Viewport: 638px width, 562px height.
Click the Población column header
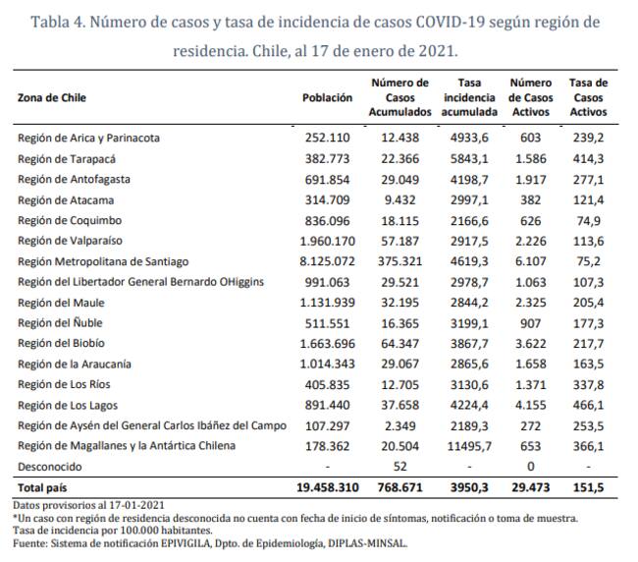pyautogui.click(x=327, y=98)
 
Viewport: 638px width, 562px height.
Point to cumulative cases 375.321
pyautogui.click(x=400, y=261)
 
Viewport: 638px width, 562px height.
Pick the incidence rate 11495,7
pyautogui.click(x=466, y=445)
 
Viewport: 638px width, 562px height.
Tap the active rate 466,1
pyautogui.click(x=587, y=405)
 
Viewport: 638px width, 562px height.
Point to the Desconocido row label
pyautogui.click(x=50, y=466)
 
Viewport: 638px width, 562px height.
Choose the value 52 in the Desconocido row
pyautogui.click(x=399, y=466)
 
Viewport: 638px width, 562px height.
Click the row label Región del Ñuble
pyautogui.click(x=60, y=322)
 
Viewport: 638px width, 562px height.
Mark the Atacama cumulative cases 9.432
pyautogui.click(x=402, y=199)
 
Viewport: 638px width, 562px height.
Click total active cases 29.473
pyautogui.click(x=530, y=487)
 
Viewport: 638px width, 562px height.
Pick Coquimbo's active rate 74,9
pyautogui.click(x=588, y=220)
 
